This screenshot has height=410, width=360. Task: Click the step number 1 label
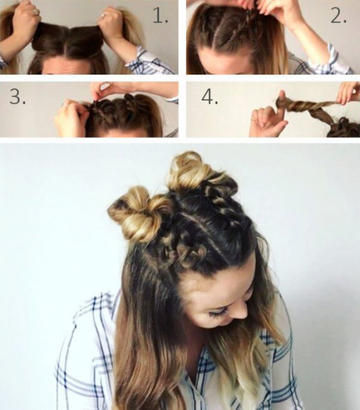pyautogui.click(x=160, y=16)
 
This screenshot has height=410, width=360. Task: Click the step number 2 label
pyautogui.click(x=339, y=16)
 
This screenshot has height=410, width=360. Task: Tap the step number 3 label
pyautogui.click(x=18, y=96)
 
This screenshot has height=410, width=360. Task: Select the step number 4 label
pyautogui.click(x=210, y=96)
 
